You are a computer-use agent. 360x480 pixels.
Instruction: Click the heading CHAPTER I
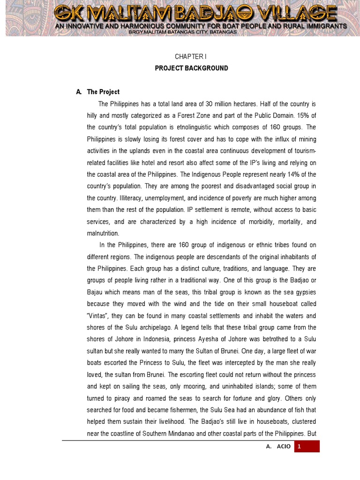[x=191, y=56]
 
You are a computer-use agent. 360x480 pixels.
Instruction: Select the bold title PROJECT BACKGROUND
[x=191, y=68]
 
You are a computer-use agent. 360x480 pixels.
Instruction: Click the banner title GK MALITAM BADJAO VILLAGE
[x=201, y=13]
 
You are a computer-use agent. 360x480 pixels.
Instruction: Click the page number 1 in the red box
[x=299, y=447]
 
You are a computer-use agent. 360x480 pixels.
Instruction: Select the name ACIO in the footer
[x=283, y=447]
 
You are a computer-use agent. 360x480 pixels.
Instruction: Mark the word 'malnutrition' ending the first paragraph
[x=103, y=233]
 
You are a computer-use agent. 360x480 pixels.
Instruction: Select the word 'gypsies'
[x=306, y=292]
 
